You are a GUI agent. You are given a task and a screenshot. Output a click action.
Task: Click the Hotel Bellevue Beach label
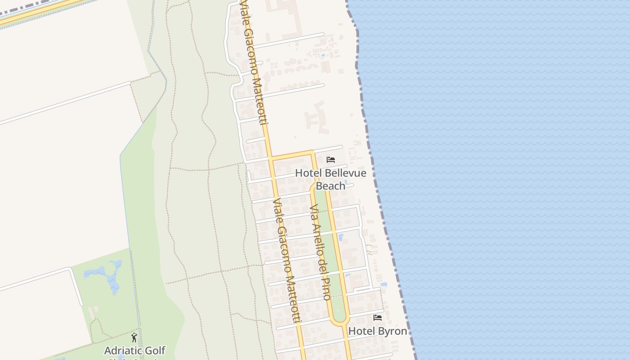(x=331, y=179)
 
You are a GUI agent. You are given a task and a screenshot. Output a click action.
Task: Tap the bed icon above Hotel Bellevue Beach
(x=331, y=160)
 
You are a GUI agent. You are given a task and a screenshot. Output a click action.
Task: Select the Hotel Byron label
(x=378, y=331)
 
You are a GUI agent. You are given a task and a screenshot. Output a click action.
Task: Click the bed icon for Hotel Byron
(x=378, y=318)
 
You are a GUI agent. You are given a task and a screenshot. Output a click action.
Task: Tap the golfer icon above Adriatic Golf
(x=134, y=337)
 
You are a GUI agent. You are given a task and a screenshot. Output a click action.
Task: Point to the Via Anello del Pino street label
(x=320, y=252)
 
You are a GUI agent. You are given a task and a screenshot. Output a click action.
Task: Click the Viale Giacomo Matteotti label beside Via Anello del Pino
(x=287, y=260)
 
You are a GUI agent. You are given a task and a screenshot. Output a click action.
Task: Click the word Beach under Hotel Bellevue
(x=331, y=186)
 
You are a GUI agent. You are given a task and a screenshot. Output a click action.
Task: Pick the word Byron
(x=392, y=332)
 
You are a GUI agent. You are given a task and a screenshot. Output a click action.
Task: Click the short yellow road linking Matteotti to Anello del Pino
(x=292, y=155)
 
